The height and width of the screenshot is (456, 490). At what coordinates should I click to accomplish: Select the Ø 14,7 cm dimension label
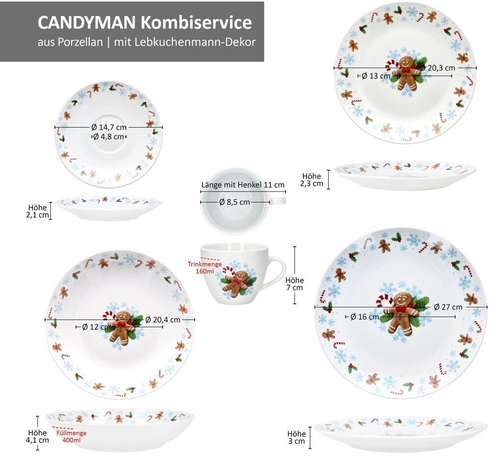pos(109,127)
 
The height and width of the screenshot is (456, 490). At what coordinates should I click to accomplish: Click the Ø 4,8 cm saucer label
pos(109,137)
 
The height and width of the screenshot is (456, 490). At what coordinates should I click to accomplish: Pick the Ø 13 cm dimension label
pos(376,76)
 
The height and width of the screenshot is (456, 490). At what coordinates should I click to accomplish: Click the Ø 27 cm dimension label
pos(448,307)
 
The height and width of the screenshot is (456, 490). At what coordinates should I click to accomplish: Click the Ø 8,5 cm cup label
pos(234,202)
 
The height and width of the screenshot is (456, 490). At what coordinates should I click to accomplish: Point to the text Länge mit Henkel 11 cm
pos(243,185)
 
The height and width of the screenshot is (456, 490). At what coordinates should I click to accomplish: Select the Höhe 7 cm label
pos(295,284)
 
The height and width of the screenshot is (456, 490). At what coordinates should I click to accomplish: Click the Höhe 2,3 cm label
pos(312,180)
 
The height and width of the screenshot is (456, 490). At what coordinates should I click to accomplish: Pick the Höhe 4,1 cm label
pos(37,436)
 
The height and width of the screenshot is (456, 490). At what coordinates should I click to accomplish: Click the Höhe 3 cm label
pos(296,437)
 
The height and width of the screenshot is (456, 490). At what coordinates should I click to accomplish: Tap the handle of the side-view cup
pos(276,272)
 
